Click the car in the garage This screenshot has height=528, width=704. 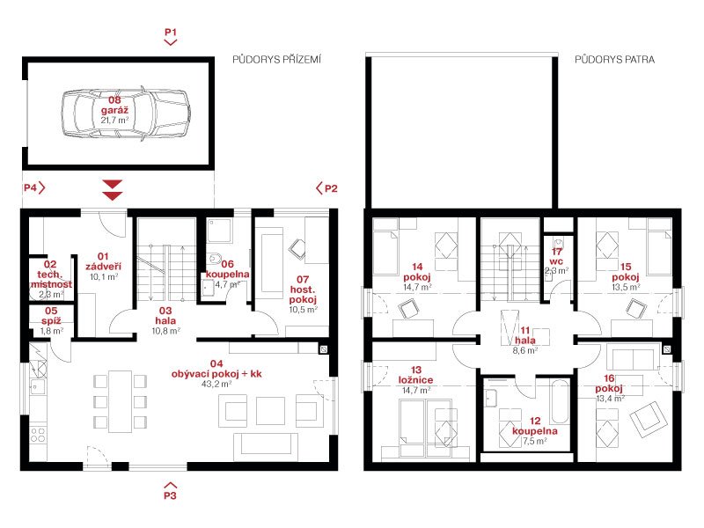pos(125,113)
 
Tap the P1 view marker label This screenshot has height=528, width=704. pos(171,33)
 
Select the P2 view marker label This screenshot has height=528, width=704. pos(331,188)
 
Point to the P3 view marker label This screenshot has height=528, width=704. pos(170,495)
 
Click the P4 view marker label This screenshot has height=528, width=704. pos(31,187)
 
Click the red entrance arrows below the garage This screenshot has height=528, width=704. pos(113,190)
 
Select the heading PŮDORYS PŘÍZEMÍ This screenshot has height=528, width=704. pos(276,59)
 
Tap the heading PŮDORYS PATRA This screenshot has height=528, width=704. pos(614,59)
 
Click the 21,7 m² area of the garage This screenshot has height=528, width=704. pos(115,121)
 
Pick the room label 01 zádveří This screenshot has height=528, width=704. pos(103,261)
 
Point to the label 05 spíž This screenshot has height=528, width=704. pos(51,316)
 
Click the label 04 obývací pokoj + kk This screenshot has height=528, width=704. pos(216,369)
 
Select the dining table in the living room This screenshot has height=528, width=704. pos(120,401)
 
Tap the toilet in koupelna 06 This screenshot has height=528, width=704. pos(215,258)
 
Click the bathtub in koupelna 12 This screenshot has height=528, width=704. pos(560,401)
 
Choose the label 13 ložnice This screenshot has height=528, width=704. pos(415,375)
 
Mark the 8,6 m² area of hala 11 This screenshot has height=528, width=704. pos(525,350)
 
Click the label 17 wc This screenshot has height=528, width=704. pos(556,256)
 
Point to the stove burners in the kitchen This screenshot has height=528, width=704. pos(38,435)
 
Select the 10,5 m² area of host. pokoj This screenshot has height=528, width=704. pos(304,310)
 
